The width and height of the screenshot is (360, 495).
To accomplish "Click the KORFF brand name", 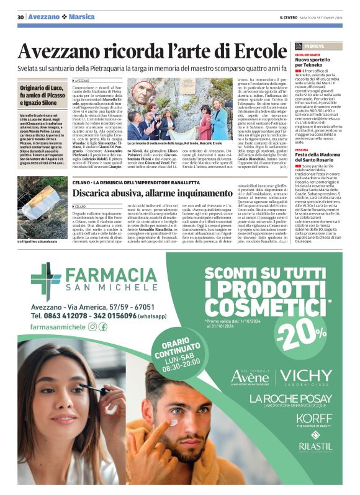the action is (315, 418).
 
